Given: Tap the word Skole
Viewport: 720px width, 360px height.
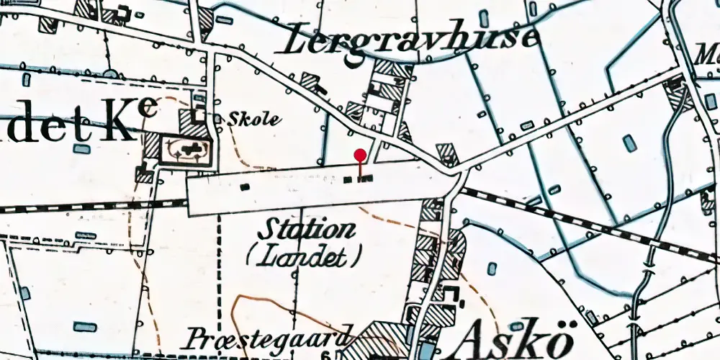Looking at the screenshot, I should coord(253,120).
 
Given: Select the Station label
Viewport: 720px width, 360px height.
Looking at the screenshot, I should coord(307,230).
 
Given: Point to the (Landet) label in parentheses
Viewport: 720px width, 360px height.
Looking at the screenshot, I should coord(302,255).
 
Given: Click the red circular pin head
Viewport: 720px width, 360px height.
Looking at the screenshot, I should coord(361,154).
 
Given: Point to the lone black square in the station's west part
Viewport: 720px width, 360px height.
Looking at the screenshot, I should coord(245,187).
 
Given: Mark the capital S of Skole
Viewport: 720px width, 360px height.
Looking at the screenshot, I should coord(233,120).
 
